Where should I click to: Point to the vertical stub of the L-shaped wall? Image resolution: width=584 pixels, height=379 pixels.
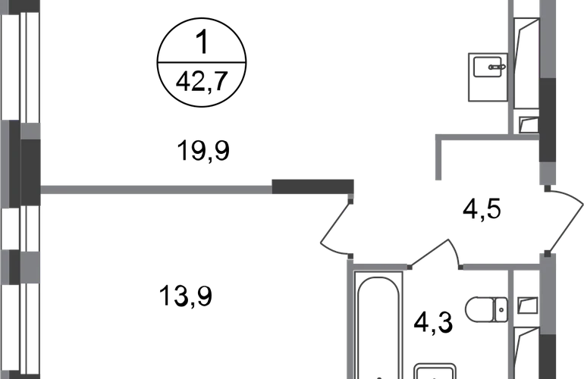pos(438,163)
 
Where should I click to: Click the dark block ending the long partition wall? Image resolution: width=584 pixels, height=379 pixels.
pos(313,186)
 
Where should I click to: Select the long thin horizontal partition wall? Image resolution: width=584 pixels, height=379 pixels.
pos(155,189)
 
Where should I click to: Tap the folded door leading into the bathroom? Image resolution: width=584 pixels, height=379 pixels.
pos(436,254)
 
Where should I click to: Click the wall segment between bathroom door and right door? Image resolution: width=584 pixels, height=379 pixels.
pos(500,267)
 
